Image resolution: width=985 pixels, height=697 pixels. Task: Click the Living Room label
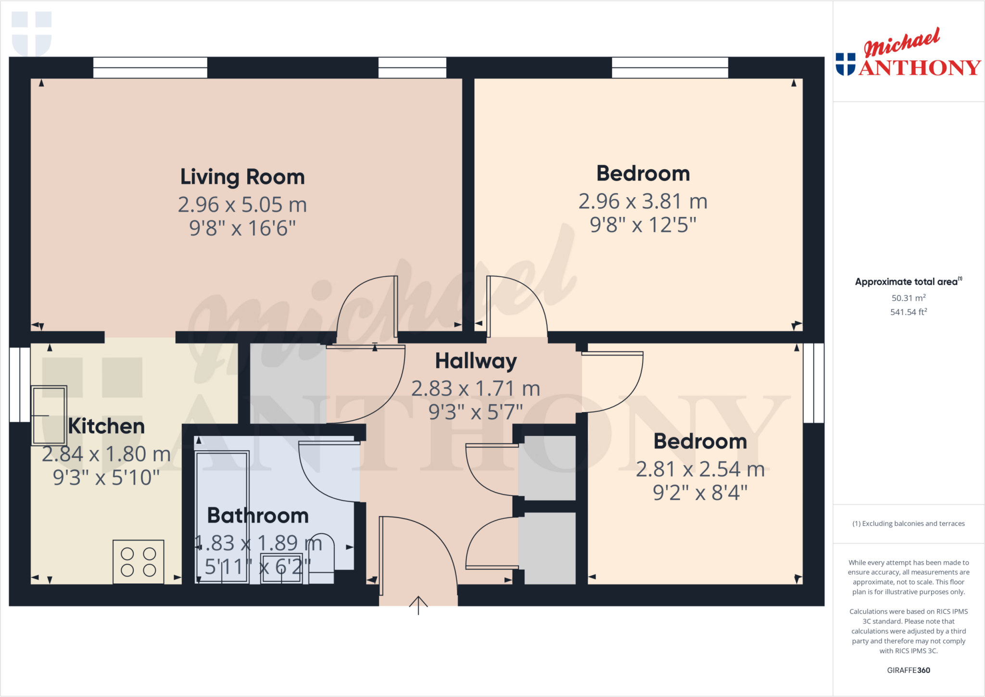click(x=242, y=177)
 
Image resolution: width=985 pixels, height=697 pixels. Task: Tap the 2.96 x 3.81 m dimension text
click(x=643, y=202)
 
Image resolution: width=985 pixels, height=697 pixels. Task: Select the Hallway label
click(x=476, y=361)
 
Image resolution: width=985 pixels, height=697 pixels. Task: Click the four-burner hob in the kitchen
click(x=139, y=561)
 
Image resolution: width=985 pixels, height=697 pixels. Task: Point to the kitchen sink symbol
click(x=49, y=415)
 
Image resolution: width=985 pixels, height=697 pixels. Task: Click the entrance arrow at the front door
click(x=418, y=605)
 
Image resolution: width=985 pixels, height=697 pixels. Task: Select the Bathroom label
click(x=258, y=516)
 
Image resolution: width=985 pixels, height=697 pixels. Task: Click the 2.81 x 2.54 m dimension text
click(x=700, y=469)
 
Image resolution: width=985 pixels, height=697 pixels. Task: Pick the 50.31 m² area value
click(x=908, y=298)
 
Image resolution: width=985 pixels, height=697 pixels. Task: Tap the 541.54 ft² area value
click(x=908, y=312)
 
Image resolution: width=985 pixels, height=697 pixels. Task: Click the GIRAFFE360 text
click(x=908, y=670)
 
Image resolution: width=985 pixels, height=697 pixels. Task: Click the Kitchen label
click(x=106, y=426)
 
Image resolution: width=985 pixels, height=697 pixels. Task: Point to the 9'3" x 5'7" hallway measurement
click(x=475, y=412)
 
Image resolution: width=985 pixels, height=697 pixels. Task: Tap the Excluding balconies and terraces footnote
click(x=908, y=523)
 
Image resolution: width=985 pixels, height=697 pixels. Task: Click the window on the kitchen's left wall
click(x=20, y=384)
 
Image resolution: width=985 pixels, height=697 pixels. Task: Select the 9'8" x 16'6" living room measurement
click(x=242, y=228)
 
